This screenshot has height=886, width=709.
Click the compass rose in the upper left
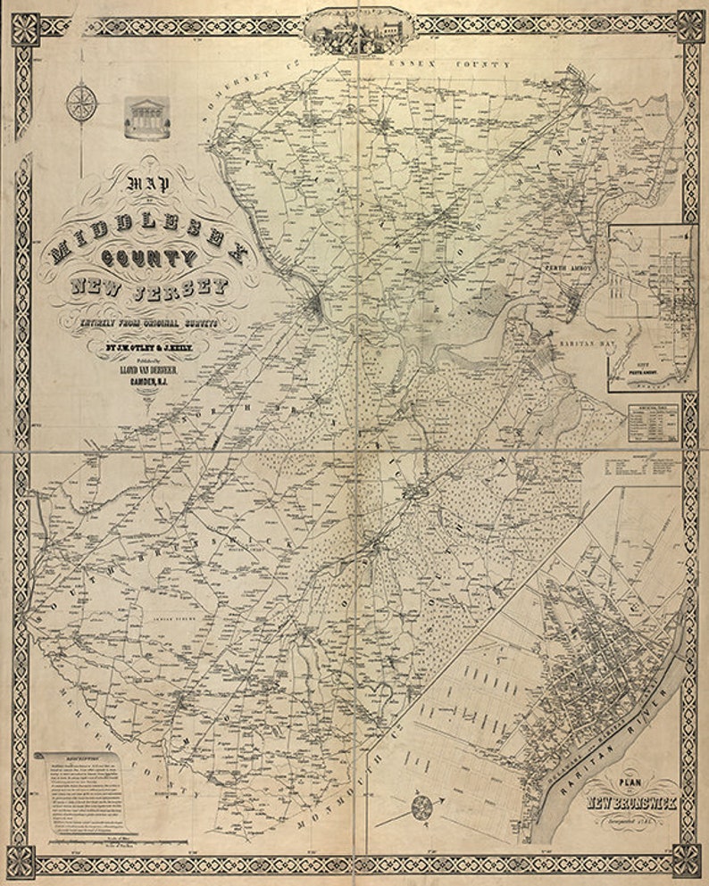pos(81,101)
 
